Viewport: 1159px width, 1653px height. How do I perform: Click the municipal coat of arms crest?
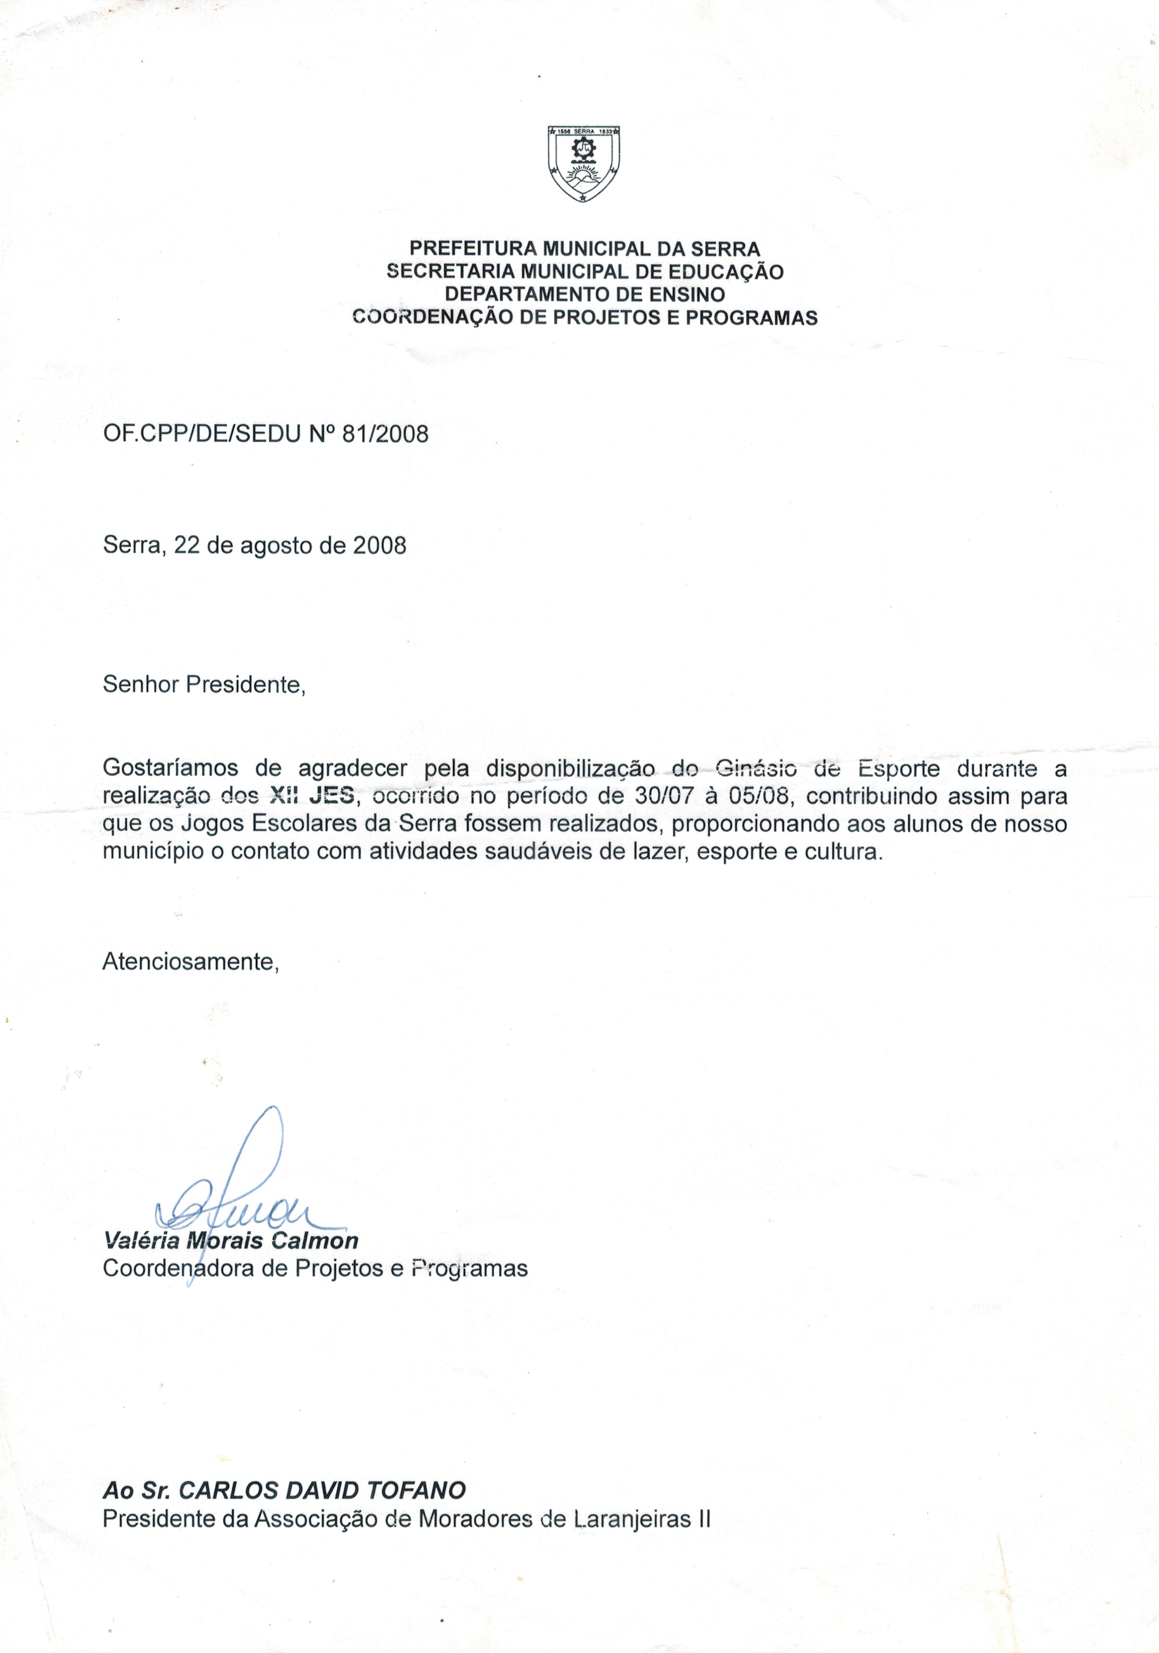[583, 164]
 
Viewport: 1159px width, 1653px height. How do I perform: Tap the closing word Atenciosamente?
[190, 961]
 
